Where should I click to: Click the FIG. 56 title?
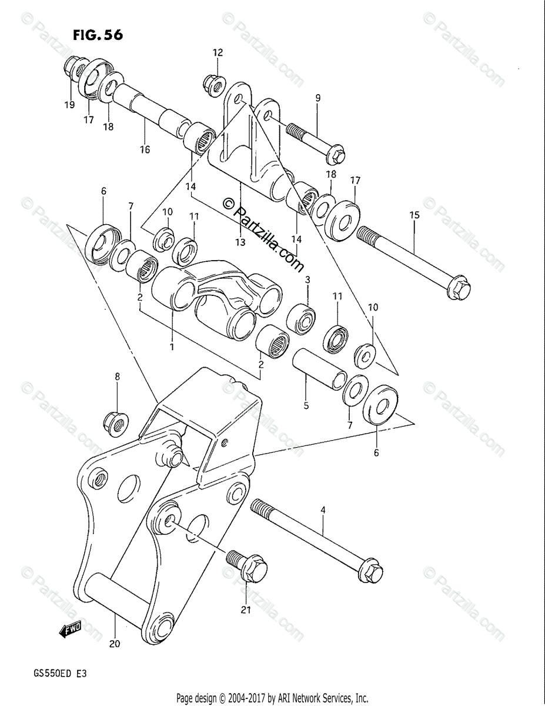pyautogui.click(x=98, y=35)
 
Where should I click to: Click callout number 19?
pyautogui.click(x=69, y=105)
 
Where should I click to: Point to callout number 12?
pyautogui.click(x=218, y=53)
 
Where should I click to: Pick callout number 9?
pyautogui.click(x=317, y=98)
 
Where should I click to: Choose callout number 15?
pyautogui.click(x=414, y=215)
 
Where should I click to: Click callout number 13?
pyautogui.click(x=240, y=242)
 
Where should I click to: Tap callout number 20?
pyautogui.click(x=115, y=644)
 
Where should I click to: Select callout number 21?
pyautogui.click(x=246, y=610)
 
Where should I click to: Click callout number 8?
pyautogui.click(x=117, y=376)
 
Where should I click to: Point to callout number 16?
pyautogui.click(x=145, y=149)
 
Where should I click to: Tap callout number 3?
pyautogui.click(x=307, y=279)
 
